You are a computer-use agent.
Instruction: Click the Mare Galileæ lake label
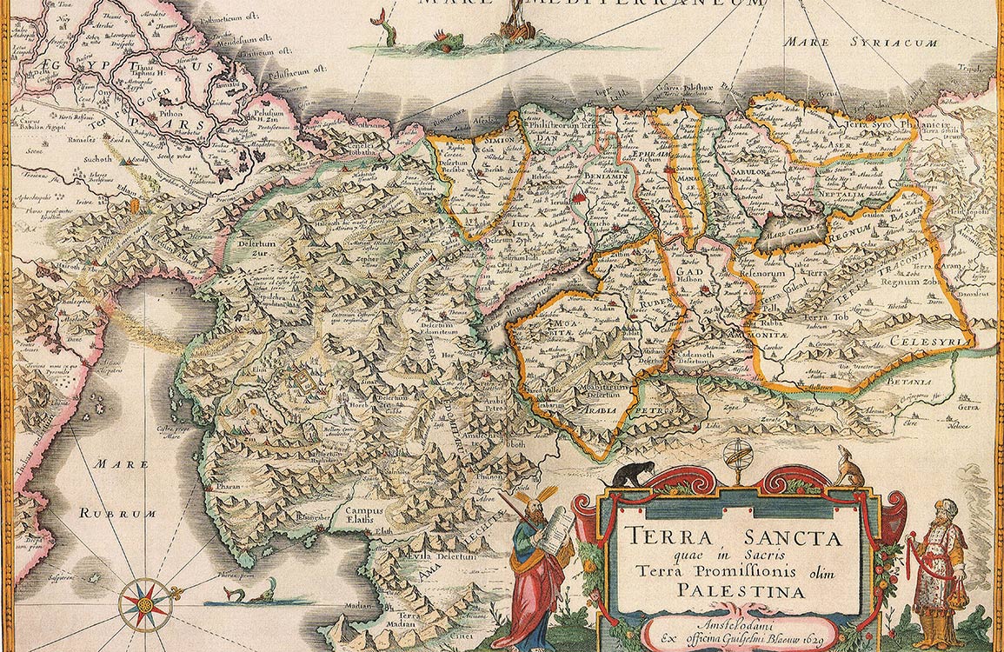point(791,233)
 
